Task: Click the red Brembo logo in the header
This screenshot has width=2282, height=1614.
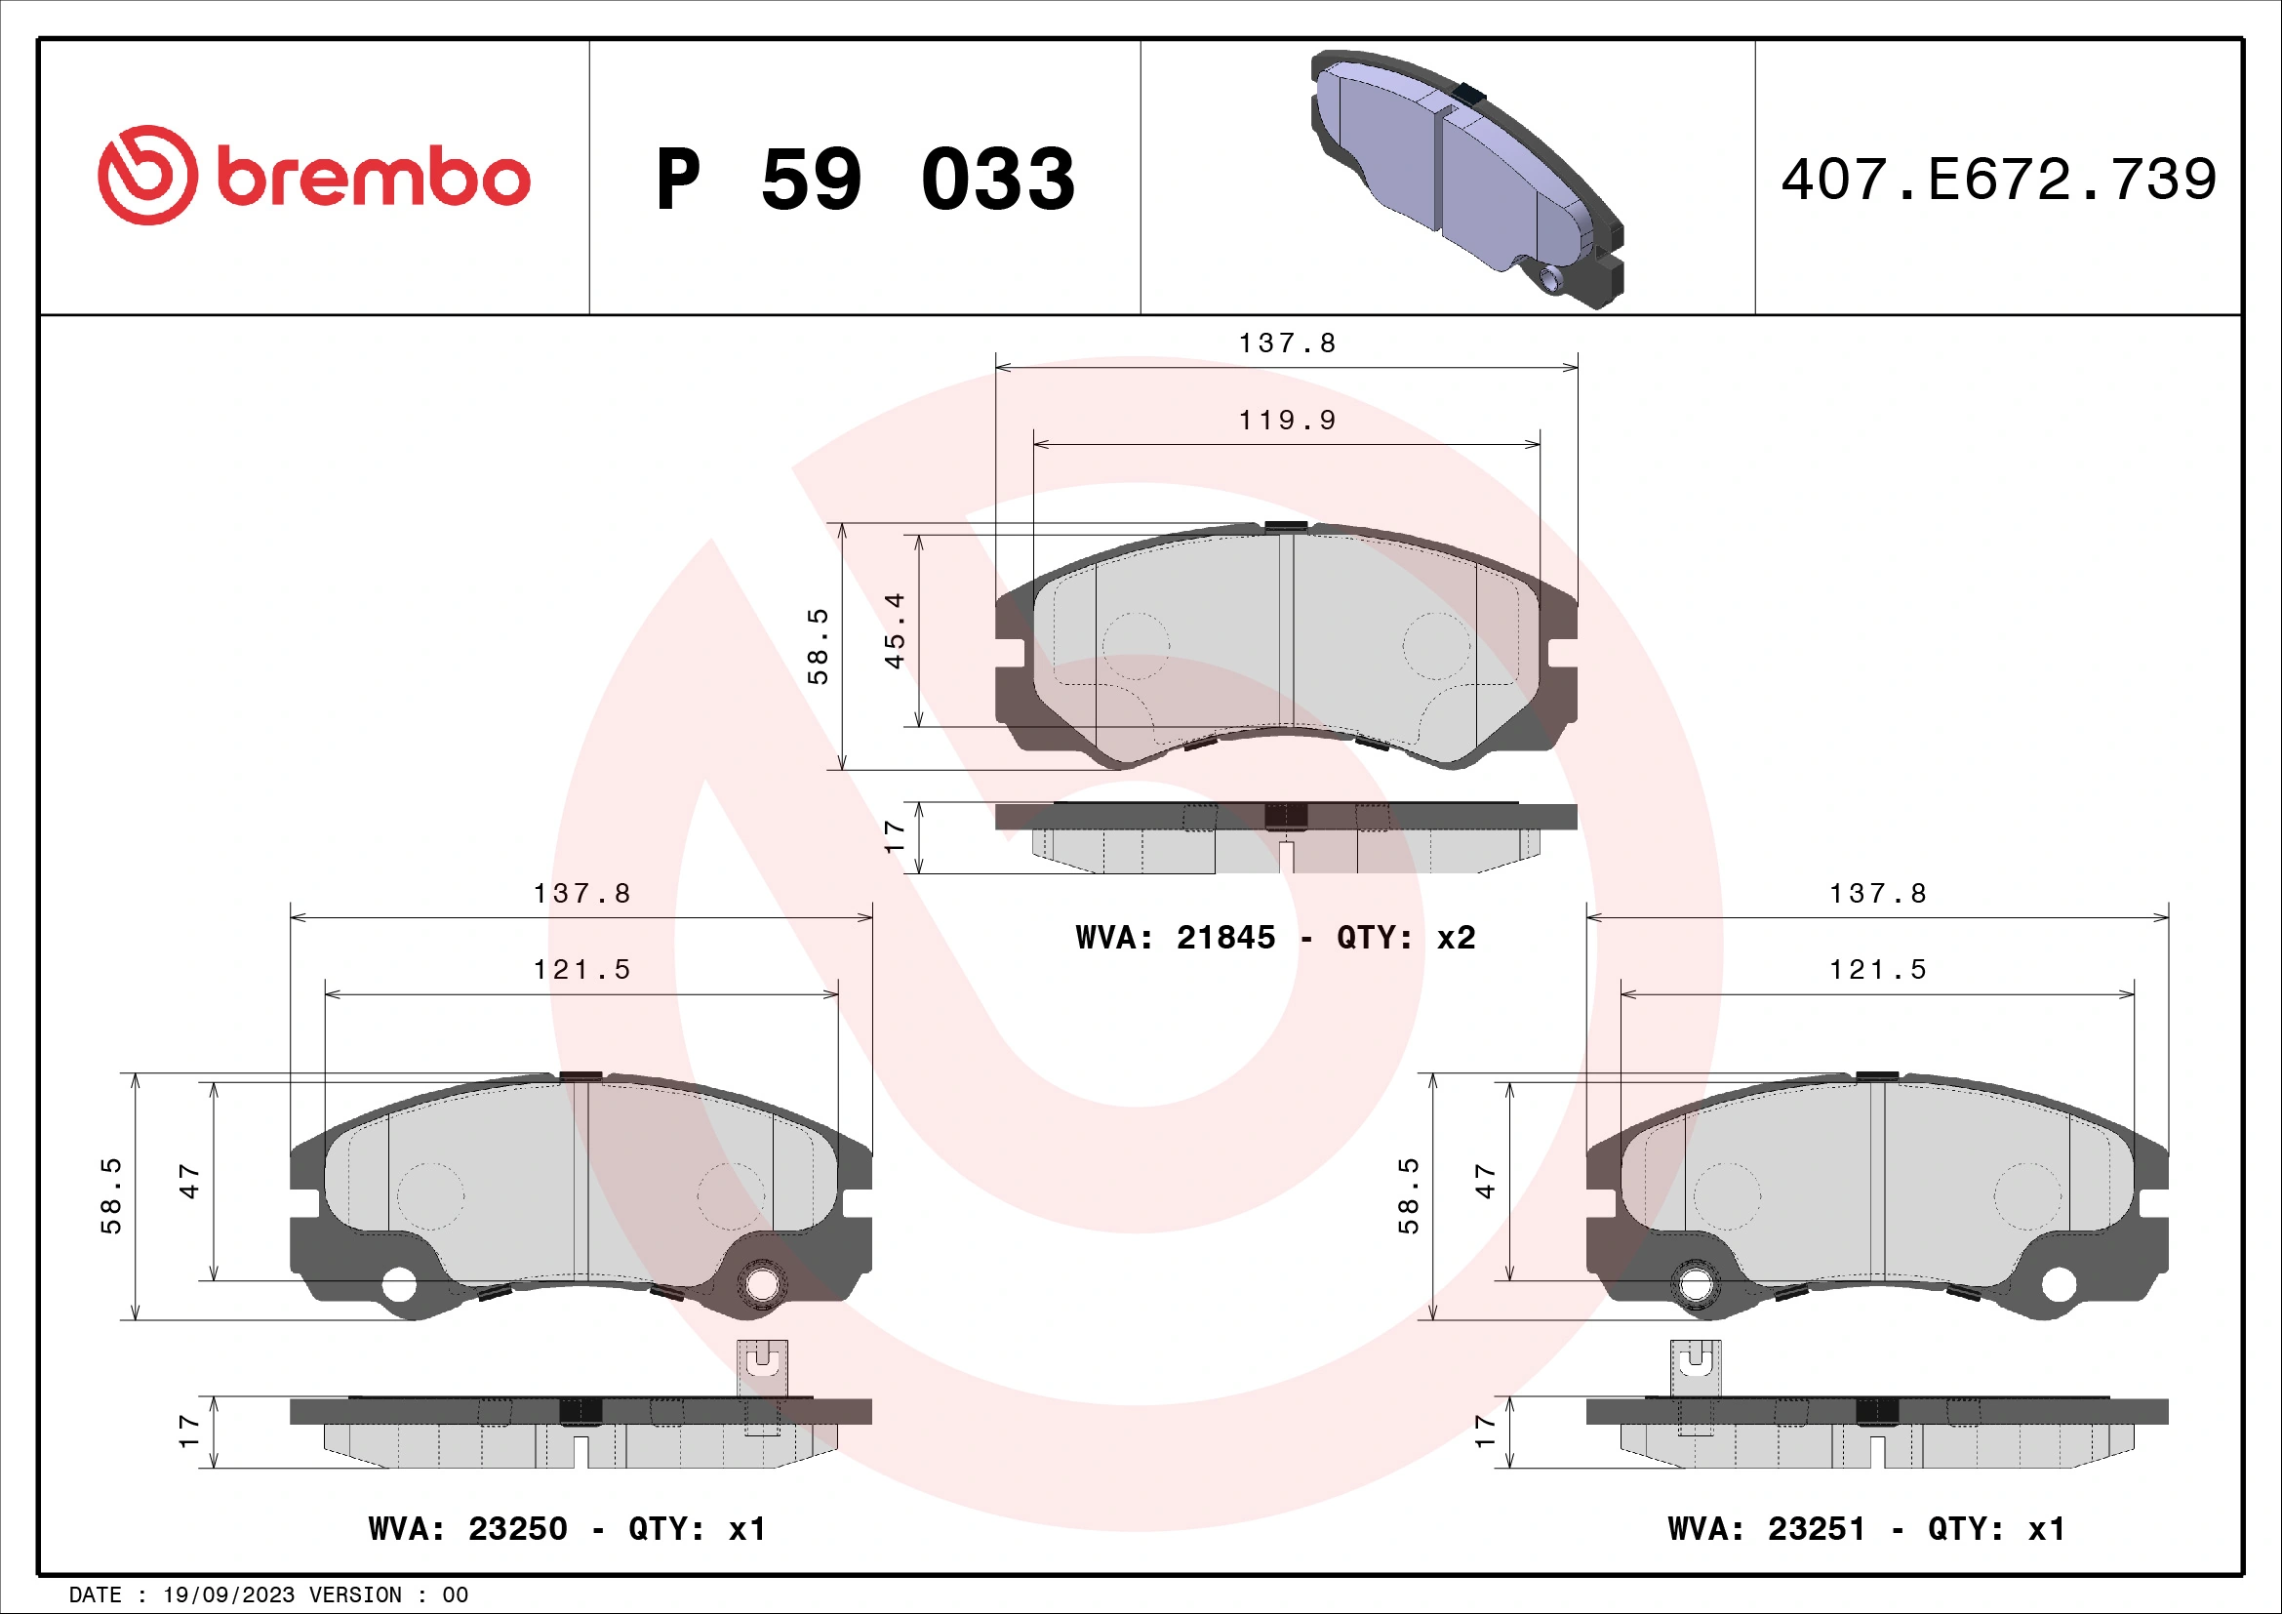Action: coord(313,176)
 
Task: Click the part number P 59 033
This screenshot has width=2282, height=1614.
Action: coord(864,180)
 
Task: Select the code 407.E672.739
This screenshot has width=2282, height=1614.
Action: coord(1998,180)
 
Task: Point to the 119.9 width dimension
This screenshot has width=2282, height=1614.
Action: coord(1287,421)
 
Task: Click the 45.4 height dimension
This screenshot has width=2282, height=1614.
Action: coord(895,631)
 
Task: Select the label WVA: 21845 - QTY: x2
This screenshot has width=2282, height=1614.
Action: coord(1275,937)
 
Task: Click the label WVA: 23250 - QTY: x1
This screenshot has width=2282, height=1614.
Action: coord(567,1528)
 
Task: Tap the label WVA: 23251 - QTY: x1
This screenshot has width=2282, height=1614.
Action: coord(1865,1528)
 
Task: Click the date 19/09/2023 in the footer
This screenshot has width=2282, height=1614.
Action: coord(228,1595)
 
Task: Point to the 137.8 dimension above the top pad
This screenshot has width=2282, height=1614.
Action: coord(1287,343)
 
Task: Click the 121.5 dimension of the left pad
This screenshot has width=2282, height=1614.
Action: coord(582,970)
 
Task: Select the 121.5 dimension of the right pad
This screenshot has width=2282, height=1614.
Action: coord(1877,970)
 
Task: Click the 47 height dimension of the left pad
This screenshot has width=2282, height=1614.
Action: coord(189,1182)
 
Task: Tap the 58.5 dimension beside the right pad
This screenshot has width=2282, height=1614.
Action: coord(1409,1195)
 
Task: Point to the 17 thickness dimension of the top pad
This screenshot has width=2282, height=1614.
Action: coord(895,836)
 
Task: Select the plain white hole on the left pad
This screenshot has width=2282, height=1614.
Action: coord(399,1285)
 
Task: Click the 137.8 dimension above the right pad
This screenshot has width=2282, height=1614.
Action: coord(1877,895)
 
